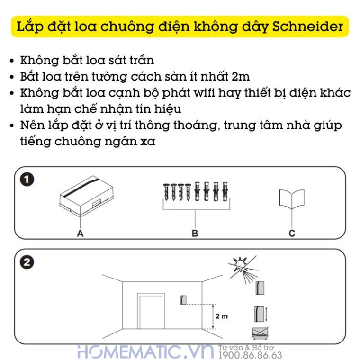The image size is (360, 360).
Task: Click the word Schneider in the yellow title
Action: pyautogui.click(x=308, y=27)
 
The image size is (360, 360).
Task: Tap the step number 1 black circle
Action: pyautogui.click(x=27, y=180)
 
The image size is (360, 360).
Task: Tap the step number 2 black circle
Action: pyautogui.click(x=27, y=262)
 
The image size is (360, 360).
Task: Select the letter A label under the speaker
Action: pyautogui.click(x=80, y=233)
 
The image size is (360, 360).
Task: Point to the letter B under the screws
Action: pyautogui.click(x=195, y=233)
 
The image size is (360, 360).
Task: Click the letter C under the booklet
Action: pyautogui.click(x=292, y=233)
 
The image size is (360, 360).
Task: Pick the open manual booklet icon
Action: pyautogui.click(x=291, y=199)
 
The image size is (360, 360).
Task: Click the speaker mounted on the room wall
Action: pyautogui.click(x=184, y=300)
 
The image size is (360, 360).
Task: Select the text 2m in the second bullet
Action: pyautogui.click(x=241, y=76)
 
